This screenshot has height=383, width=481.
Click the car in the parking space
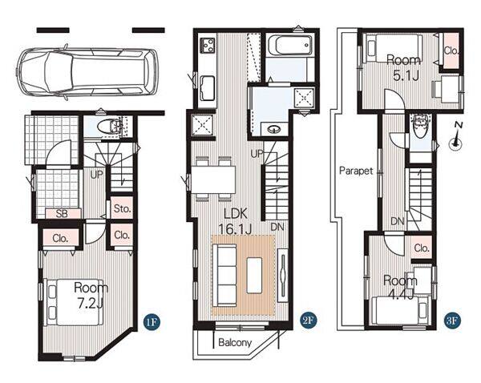(x=87, y=73)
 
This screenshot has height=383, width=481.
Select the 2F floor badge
(x=308, y=321)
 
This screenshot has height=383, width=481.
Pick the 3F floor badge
(x=452, y=321)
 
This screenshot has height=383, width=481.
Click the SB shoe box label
(x=62, y=213)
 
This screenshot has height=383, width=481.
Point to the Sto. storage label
(x=122, y=209)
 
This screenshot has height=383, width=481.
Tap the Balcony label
(x=235, y=342)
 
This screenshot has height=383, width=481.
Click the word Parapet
(x=356, y=171)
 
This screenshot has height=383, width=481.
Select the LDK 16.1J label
(x=236, y=221)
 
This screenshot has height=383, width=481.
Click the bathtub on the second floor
(x=290, y=45)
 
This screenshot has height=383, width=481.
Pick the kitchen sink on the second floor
(x=208, y=88)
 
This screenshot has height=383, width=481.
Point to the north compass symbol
(x=456, y=136)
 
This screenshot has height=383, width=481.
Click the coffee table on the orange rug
(x=254, y=275)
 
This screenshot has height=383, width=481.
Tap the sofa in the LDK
(x=227, y=275)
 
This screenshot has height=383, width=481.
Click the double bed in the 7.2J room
(x=74, y=302)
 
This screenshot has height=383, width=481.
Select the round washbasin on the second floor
(x=273, y=130)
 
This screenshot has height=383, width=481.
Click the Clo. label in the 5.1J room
(x=451, y=50)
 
